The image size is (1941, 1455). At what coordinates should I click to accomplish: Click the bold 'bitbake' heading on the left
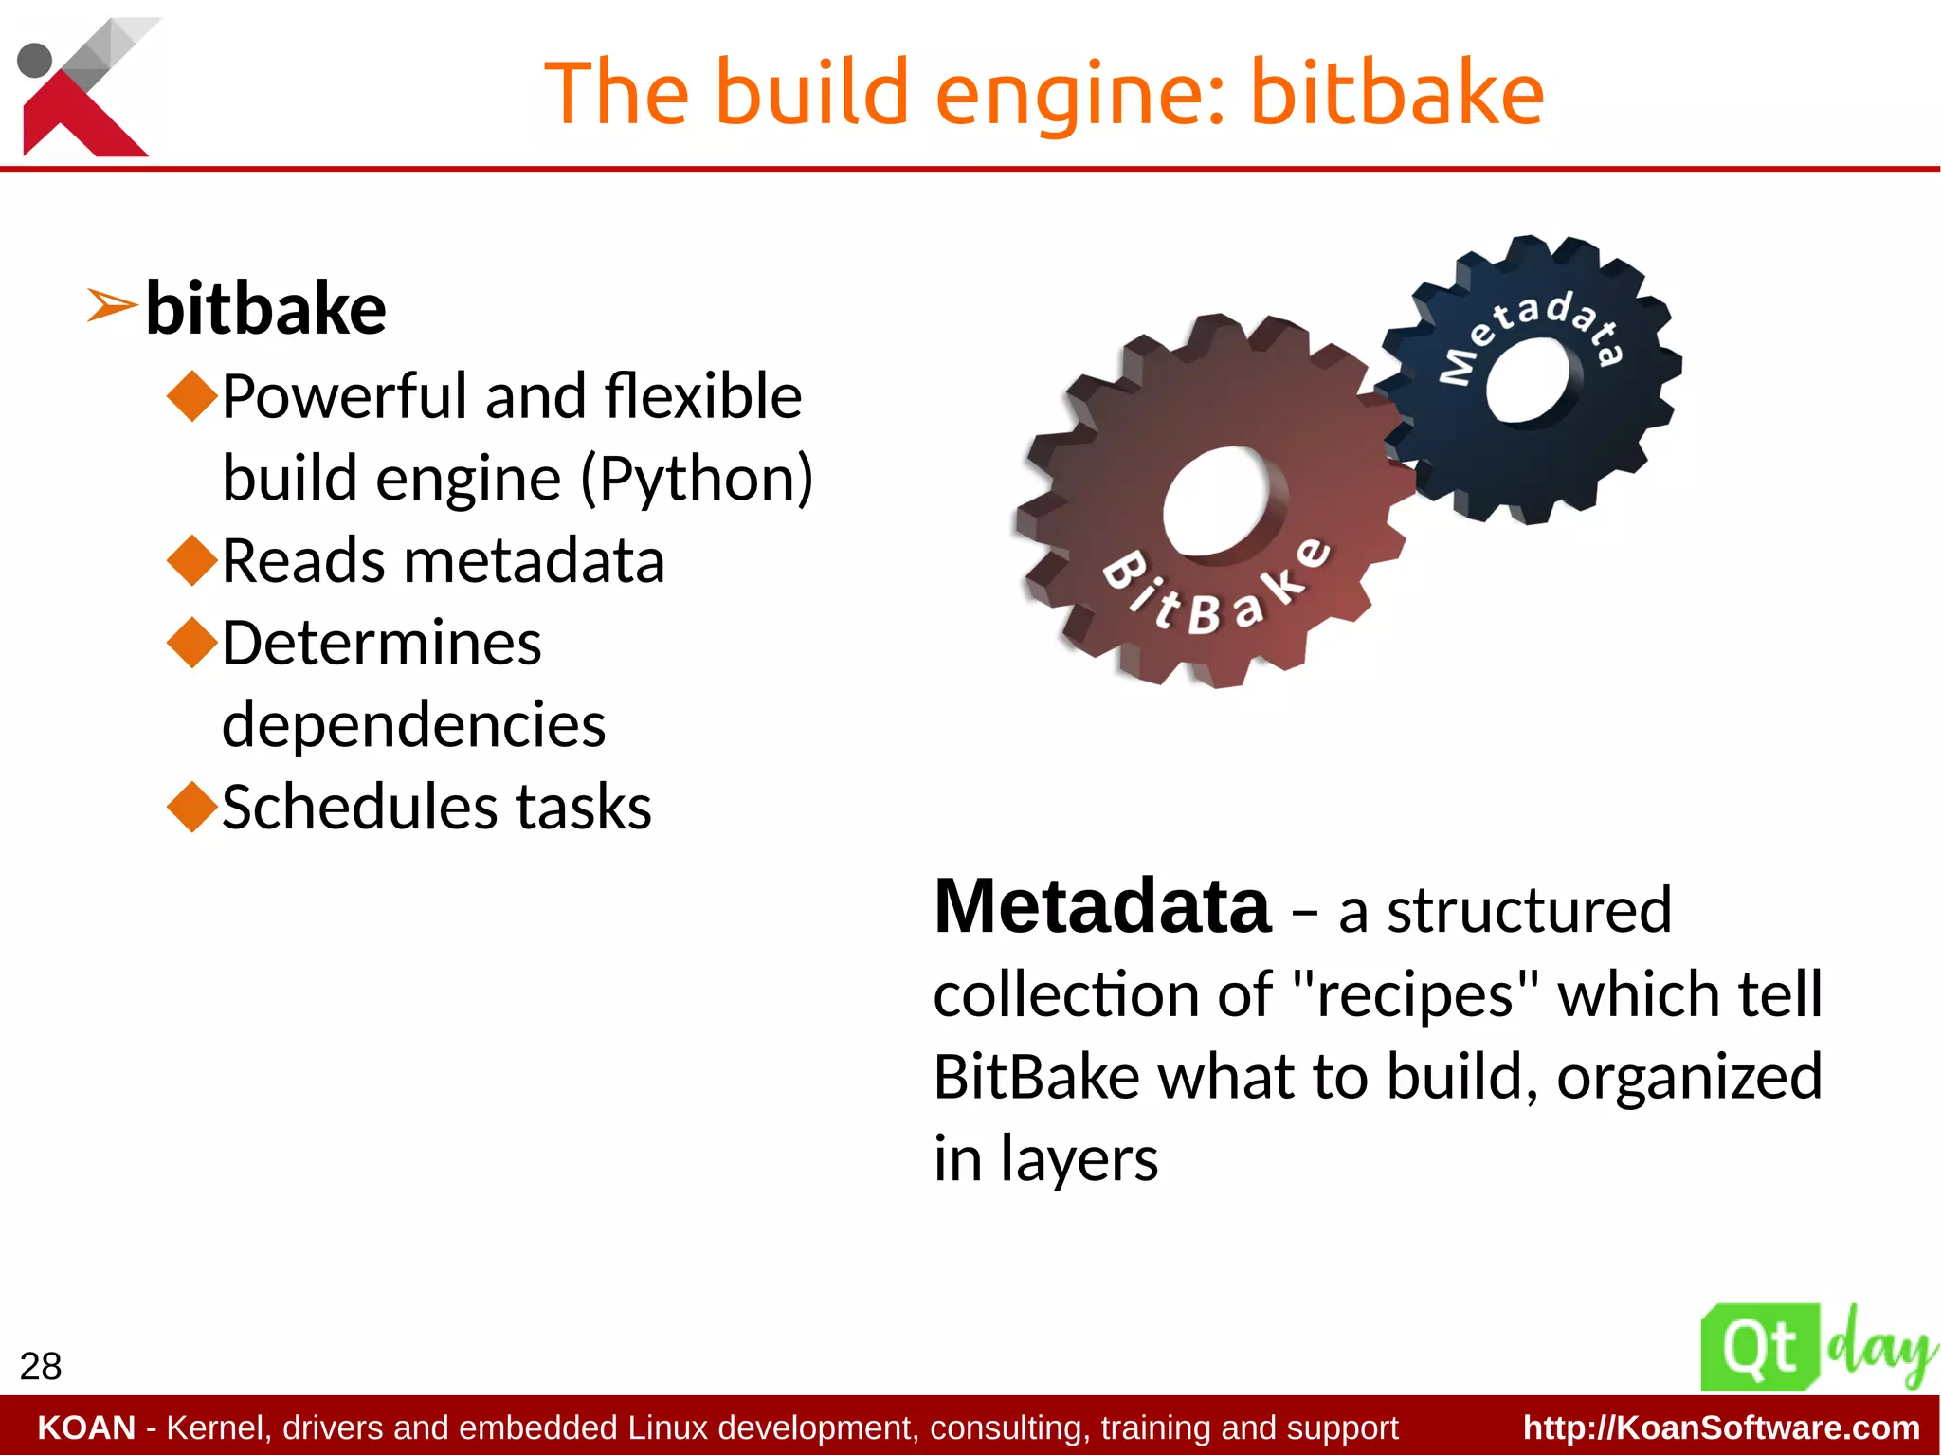[x=265, y=309]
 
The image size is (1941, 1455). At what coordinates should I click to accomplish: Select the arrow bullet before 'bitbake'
[x=111, y=306]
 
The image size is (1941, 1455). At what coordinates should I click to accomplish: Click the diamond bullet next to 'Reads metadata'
[x=192, y=560]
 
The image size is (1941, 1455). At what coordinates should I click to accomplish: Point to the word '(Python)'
[x=697, y=479]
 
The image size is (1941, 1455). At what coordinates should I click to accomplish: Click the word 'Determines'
[x=381, y=643]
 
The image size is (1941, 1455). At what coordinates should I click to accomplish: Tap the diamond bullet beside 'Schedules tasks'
[x=192, y=807]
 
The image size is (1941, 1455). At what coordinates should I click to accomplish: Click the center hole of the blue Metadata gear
[x=1528, y=380]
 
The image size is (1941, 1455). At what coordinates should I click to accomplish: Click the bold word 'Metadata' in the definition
[x=1101, y=907]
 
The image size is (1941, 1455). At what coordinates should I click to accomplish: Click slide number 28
[x=40, y=1366]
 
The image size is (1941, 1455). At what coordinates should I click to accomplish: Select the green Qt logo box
[x=1759, y=1347]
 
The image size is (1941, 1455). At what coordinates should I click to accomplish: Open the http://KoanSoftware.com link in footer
[x=1720, y=1428]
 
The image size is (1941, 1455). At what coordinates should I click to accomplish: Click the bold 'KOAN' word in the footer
[x=86, y=1428]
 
